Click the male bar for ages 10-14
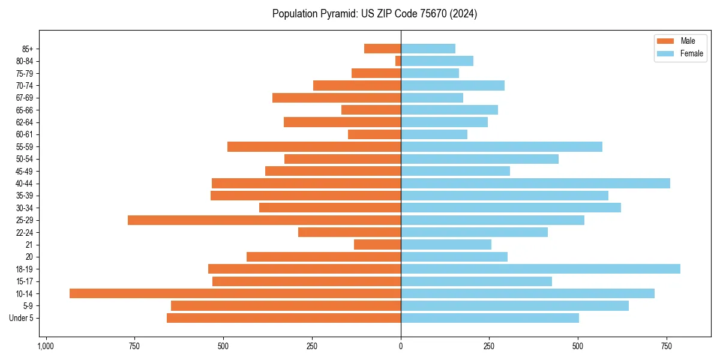235,293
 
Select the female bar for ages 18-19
540,269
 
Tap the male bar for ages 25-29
264,220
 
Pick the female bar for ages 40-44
535,183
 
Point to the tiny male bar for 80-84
398,61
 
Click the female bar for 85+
428,49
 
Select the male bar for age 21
377,244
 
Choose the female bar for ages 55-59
501,146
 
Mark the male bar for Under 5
284,318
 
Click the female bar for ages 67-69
432,98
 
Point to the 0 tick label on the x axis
401,347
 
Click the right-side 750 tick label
666,347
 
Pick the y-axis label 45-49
25,171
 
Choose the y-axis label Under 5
21,318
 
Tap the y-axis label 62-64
25,122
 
